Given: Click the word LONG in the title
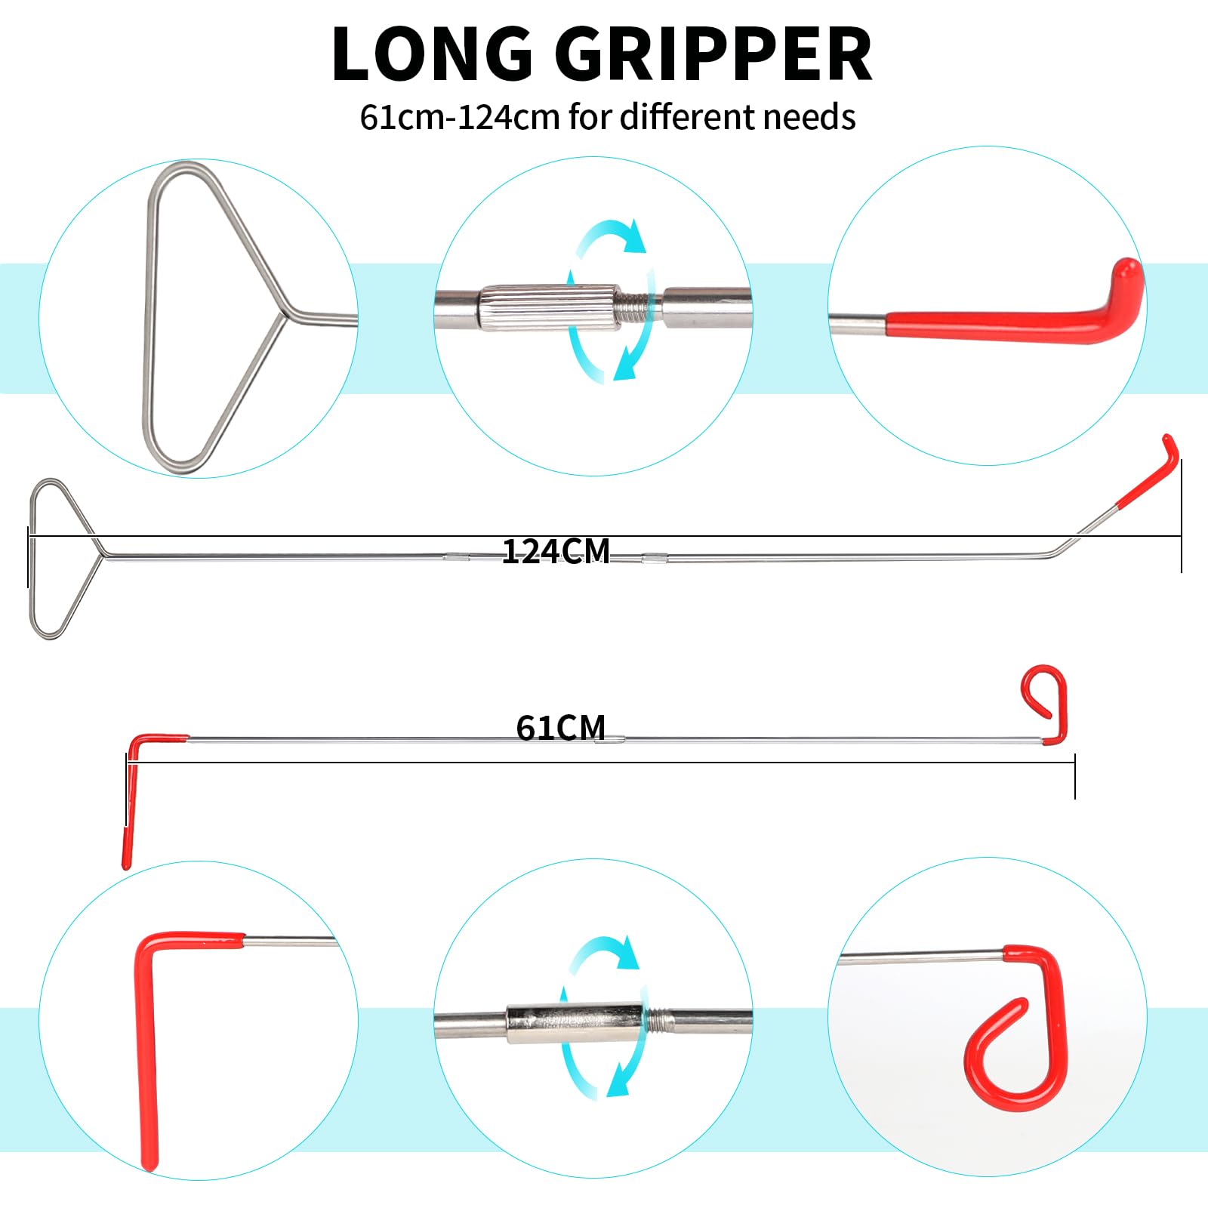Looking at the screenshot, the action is click(x=433, y=54).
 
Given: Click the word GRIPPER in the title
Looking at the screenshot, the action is click(x=713, y=54).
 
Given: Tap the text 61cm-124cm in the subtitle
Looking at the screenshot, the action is click(x=459, y=117).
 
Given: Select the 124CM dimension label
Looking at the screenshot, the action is click(x=556, y=552).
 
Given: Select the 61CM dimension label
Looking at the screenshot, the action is click(x=561, y=728).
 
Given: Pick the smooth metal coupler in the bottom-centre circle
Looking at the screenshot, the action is click(x=575, y=1023).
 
